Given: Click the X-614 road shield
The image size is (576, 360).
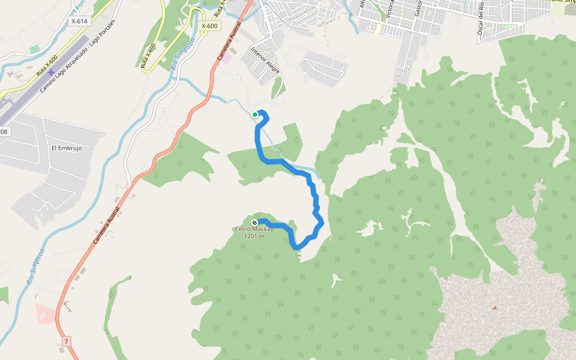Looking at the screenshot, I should point(79,21).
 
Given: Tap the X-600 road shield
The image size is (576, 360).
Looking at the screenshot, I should point(210,26).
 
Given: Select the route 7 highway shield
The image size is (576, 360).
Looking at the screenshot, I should point(67,341).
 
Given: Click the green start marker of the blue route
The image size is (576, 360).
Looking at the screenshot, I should point(255,114).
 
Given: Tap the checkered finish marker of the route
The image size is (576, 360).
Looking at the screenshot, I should point(254,223).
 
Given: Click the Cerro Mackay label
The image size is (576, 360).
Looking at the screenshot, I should point(254,229).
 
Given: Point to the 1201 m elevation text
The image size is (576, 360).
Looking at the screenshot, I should point(254,236).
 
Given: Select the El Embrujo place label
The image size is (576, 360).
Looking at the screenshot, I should point(66,148).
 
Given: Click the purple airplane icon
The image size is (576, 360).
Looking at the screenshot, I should point(52,72).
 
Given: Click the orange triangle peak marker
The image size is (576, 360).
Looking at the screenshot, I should point(495,308).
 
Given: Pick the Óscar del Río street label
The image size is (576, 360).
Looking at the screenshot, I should point(481,18).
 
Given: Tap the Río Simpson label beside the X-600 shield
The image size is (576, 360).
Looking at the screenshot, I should point(183,55).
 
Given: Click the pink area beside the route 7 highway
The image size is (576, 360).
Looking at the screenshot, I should point(44,313).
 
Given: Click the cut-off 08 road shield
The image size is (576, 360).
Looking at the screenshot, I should point(4,131).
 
